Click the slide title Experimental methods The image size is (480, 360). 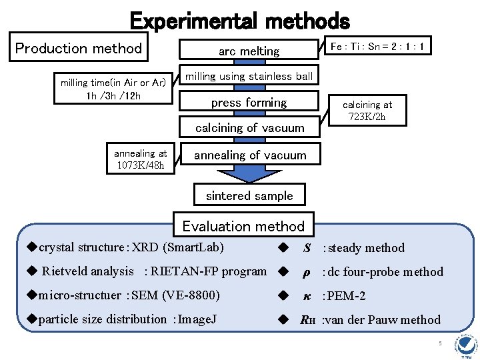239,20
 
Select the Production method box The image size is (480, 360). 79,48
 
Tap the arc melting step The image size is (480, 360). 249,51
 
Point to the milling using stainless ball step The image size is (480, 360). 249,77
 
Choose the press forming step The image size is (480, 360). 249,103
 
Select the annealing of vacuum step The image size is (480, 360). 250,155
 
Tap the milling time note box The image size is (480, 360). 113,89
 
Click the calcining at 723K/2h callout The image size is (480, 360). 367,111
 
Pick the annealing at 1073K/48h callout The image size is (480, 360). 141,159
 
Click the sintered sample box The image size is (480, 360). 249,195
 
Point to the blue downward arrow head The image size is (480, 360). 249,175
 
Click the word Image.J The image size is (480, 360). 197,319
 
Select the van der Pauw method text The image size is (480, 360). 381,320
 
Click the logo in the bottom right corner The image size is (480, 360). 464,345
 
